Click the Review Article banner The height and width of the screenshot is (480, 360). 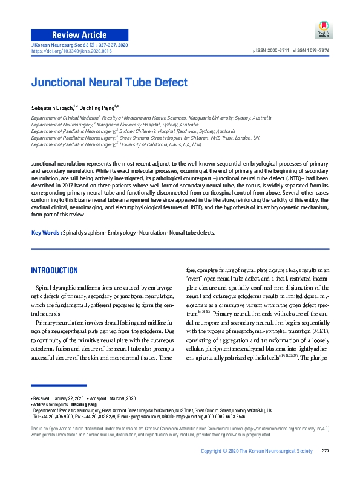point(80,34)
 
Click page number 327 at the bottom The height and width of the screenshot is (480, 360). point(325,468)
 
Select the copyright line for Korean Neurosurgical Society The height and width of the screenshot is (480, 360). point(257,468)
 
